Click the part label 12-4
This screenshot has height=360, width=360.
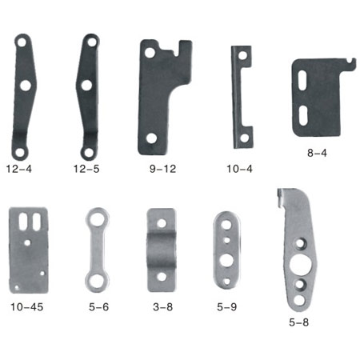(19, 169)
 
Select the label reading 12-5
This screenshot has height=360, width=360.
(86, 169)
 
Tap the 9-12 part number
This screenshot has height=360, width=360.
(162, 169)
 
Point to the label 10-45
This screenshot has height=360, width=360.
(26, 307)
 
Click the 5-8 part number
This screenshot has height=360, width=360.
(299, 322)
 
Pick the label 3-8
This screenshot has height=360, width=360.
(163, 307)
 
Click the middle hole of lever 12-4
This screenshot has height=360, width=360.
(26, 86)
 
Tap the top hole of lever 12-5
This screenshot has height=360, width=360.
(92, 42)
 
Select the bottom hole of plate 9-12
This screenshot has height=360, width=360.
(151, 138)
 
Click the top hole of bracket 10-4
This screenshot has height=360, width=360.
(242, 55)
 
